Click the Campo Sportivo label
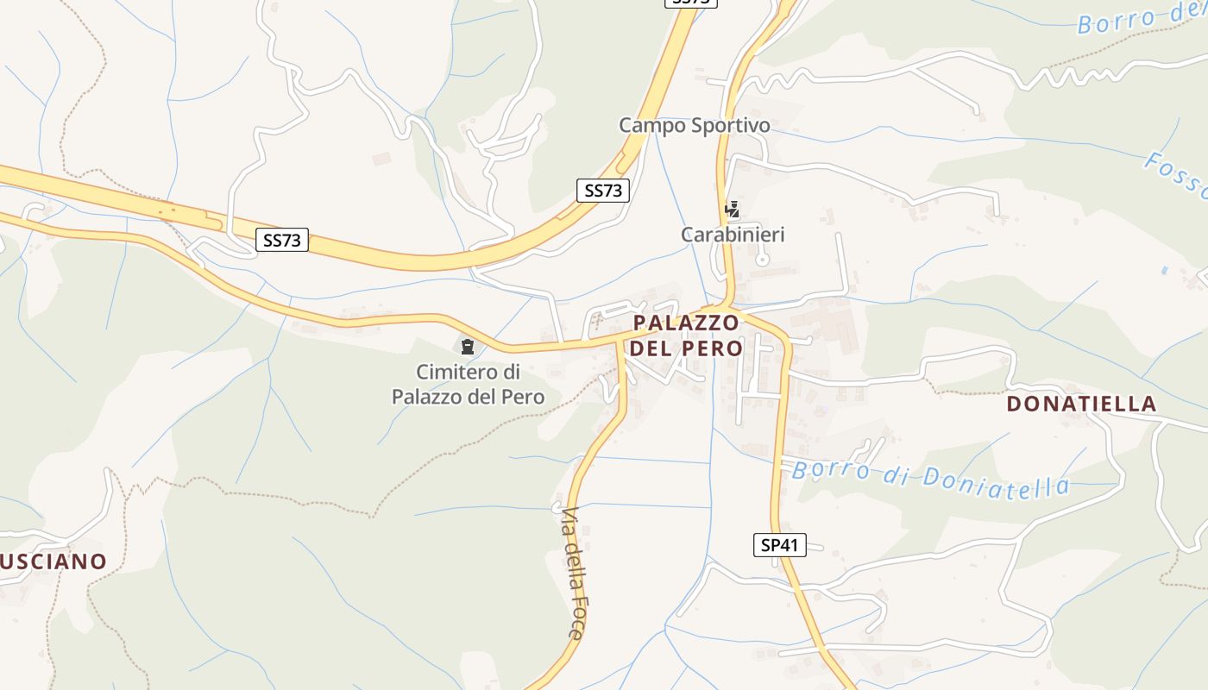click(x=695, y=126)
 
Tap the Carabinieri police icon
click(x=733, y=209)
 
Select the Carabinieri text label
click(x=733, y=235)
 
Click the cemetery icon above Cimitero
click(x=468, y=348)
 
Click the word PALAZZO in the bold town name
click(x=686, y=323)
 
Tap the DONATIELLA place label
click(x=1081, y=404)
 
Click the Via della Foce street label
click(x=574, y=573)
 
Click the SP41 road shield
click(x=779, y=545)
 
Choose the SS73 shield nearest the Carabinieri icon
click(x=603, y=191)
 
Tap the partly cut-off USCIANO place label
click(x=53, y=562)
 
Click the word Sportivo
click(x=730, y=126)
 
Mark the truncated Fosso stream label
click(x=1175, y=172)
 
